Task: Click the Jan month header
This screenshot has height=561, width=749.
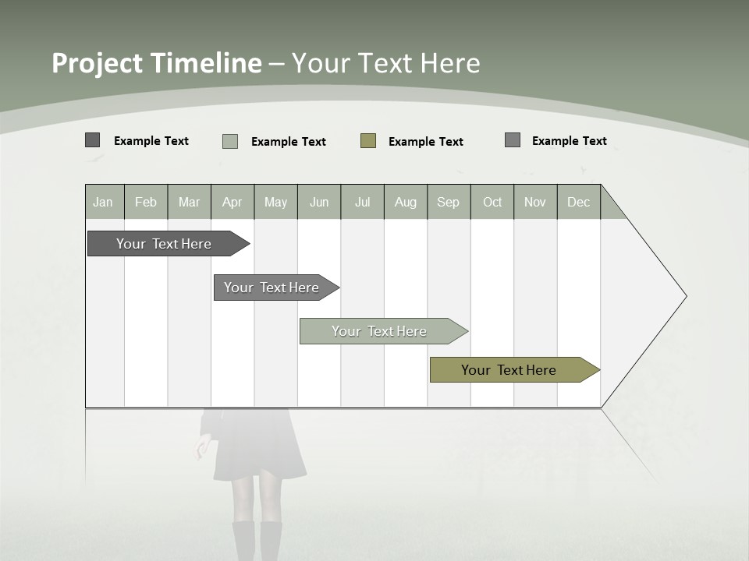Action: [104, 203]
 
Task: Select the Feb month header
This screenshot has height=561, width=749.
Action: [146, 203]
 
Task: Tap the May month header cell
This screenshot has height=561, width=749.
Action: [275, 203]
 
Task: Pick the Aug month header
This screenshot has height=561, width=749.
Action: [405, 203]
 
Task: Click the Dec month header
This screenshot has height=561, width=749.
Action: [578, 203]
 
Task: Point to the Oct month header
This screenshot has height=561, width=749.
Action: [492, 203]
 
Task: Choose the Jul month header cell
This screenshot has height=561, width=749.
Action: [362, 203]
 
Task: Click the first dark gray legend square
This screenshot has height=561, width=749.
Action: [92, 140]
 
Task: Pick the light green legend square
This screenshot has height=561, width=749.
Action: [230, 141]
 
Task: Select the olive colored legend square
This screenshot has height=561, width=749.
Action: [368, 141]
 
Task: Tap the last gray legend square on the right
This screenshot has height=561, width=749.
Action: [513, 140]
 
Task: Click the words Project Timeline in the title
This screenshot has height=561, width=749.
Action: [156, 63]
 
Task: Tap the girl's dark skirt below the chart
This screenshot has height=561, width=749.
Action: [259, 448]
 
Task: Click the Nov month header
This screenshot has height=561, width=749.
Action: [535, 203]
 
